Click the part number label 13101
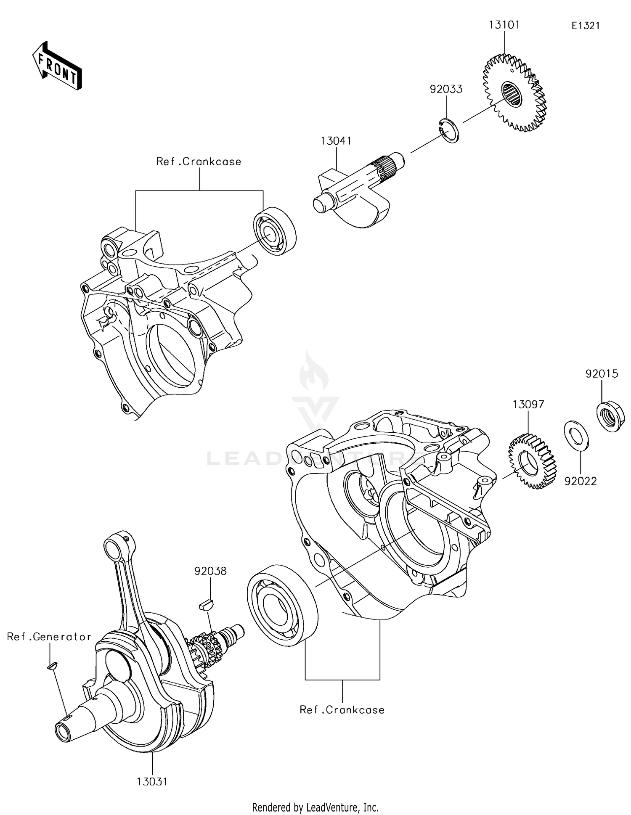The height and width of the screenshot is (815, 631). pos(504,25)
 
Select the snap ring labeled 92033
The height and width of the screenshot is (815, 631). pos(448,131)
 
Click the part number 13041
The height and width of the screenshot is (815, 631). pos(336,141)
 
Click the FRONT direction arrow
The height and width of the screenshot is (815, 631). pos(57,66)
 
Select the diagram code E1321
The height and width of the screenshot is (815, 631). pos(585,26)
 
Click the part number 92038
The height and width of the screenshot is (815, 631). pos(210,571)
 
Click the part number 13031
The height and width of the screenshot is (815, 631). pos(152,782)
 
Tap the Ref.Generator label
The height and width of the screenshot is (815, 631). pos(49,637)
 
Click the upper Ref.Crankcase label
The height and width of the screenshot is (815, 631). pos(199,162)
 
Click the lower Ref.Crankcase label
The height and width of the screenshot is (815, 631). pos(342,710)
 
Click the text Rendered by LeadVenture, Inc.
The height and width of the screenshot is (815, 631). pos(315,807)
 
